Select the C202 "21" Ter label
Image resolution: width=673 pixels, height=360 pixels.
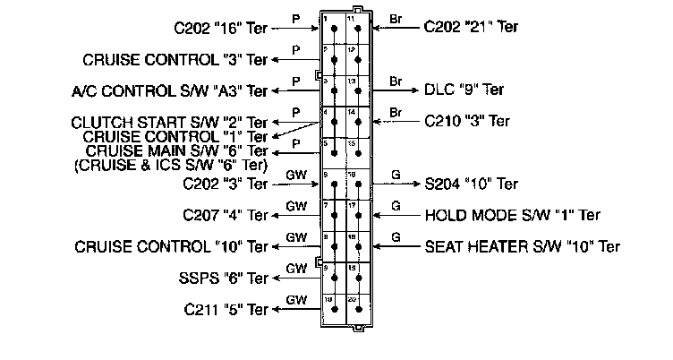(x=471, y=28)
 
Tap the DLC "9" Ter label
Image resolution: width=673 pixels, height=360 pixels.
(x=470, y=90)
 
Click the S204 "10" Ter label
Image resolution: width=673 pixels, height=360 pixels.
(x=471, y=184)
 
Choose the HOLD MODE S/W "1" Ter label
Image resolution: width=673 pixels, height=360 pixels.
(x=512, y=215)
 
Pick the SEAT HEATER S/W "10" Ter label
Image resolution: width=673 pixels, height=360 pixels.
(x=523, y=246)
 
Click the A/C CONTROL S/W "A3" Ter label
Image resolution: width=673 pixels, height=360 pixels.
(x=170, y=90)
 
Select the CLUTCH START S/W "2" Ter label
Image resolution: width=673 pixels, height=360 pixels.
(x=171, y=122)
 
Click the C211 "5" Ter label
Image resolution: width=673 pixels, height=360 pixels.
(x=226, y=310)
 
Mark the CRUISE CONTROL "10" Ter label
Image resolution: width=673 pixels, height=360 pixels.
(x=171, y=246)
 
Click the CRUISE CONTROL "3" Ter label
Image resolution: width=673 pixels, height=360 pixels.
(x=175, y=59)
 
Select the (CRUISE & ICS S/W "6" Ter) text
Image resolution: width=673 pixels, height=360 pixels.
(x=170, y=164)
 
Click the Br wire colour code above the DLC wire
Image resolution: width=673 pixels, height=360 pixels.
(x=396, y=81)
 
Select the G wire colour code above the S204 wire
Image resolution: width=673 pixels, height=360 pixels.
(x=396, y=175)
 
